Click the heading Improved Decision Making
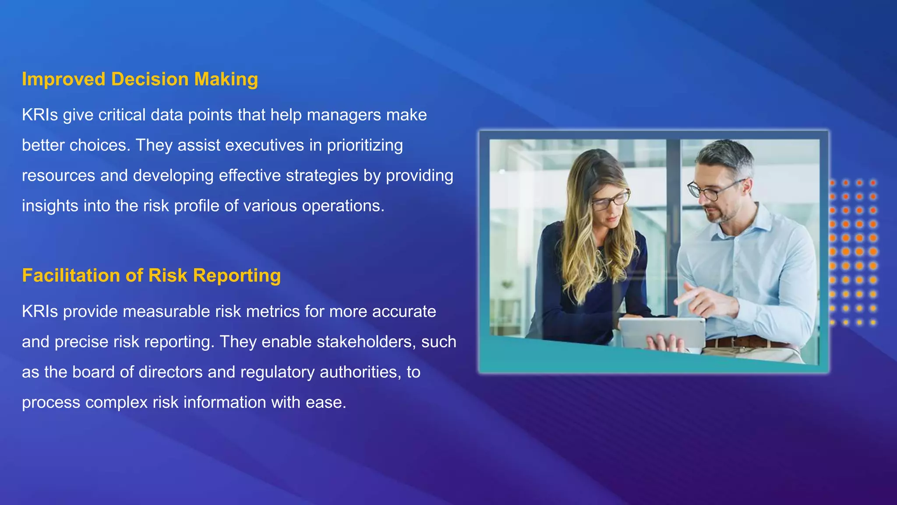pos(140,79)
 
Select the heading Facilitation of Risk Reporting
pos(151,276)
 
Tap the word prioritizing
pos(364,146)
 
